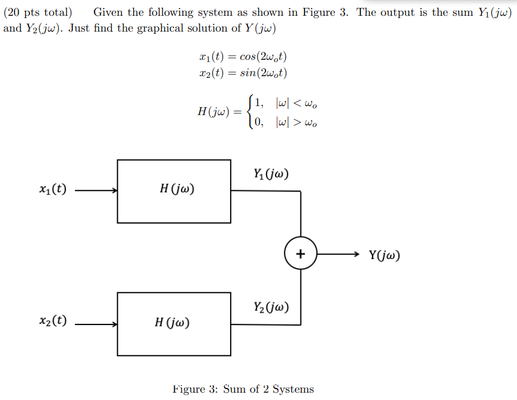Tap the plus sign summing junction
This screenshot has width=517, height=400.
tap(301, 254)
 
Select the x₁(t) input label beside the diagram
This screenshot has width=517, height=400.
tap(52, 190)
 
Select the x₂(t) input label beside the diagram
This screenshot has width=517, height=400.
tap(52, 322)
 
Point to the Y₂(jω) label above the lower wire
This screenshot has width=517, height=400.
tap(271, 307)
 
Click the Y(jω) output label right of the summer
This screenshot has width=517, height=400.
tap(385, 255)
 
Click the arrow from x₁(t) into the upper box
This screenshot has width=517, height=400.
tap(96, 191)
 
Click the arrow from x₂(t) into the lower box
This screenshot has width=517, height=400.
tap(96, 324)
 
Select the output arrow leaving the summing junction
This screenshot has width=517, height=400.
tap(338, 254)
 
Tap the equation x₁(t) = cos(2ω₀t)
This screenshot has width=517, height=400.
tap(246, 56)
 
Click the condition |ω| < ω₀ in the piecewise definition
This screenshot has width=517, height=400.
tap(295, 104)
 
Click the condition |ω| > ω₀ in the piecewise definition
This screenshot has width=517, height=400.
tap(295, 122)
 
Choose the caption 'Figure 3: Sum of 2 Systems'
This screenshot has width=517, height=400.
tap(243, 389)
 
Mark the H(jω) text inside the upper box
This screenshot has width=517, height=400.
tap(178, 190)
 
